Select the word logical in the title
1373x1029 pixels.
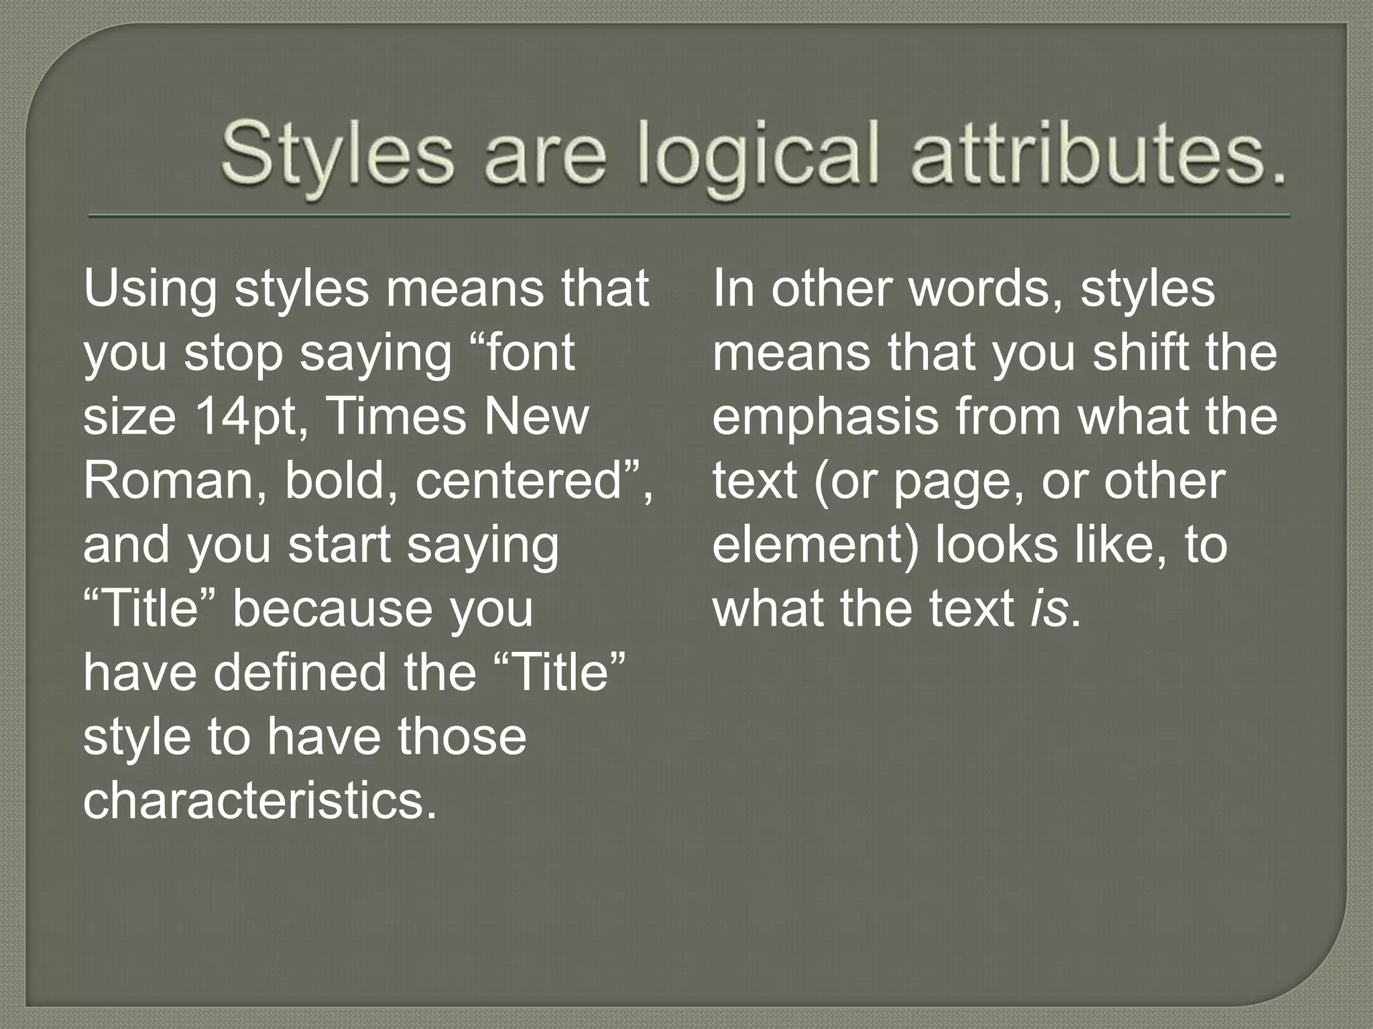pyautogui.click(x=758, y=161)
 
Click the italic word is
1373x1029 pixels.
pyautogui.click(x=1049, y=608)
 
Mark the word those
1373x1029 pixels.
pyautogui.click(x=463, y=736)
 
